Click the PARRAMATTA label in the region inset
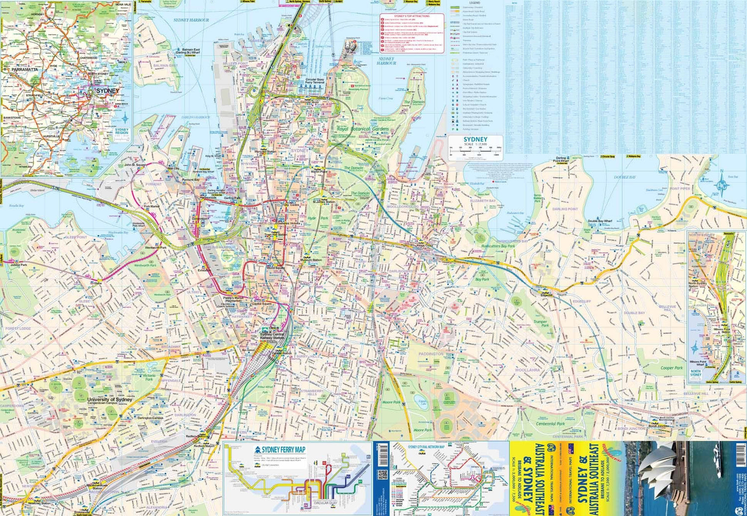[x=25, y=70]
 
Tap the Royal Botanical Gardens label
[x=363, y=129]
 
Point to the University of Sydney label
[x=110, y=400]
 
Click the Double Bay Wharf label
[x=600, y=221]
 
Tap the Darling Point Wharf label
[x=561, y=160]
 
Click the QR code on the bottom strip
[x=382, y=475]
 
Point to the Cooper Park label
[x=671, y=368]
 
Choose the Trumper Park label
[x=540, y=323]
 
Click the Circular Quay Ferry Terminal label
[x=315, y=81]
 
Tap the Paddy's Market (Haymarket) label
[x=233, y=299]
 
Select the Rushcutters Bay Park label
[x=498, y=246]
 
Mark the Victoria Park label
[x=149, y=377]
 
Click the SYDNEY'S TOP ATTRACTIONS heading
[x=411, y=16]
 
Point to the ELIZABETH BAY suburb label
[x=483, y=201]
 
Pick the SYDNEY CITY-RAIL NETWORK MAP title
[x=426, y=447]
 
